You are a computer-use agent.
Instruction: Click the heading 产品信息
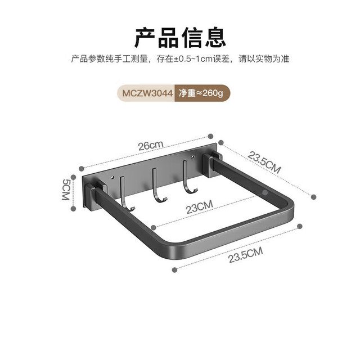[x=180, y=38]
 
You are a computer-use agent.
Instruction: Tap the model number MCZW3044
[x=147, y=93]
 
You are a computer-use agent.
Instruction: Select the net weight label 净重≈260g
[x=201, y=93]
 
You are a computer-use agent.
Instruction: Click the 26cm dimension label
[x=151, y=145]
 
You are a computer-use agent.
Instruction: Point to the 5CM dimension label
[x=66, y=190]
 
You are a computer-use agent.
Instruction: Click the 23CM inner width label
[x=199, y=206]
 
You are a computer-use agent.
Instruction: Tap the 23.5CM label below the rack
[x=245, y=255]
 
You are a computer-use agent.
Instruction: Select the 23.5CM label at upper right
[x=264, y=162]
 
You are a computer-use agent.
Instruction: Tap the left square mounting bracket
[x=94, y=195]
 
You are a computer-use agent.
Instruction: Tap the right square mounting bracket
[x=212, y=164]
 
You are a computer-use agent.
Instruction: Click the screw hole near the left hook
[x=112, y=178]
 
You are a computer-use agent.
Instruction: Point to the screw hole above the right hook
[x=193, y=157]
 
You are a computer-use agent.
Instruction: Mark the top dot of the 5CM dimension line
[x=73, y=177]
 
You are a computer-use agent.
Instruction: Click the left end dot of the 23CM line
[x=154, y=227]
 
